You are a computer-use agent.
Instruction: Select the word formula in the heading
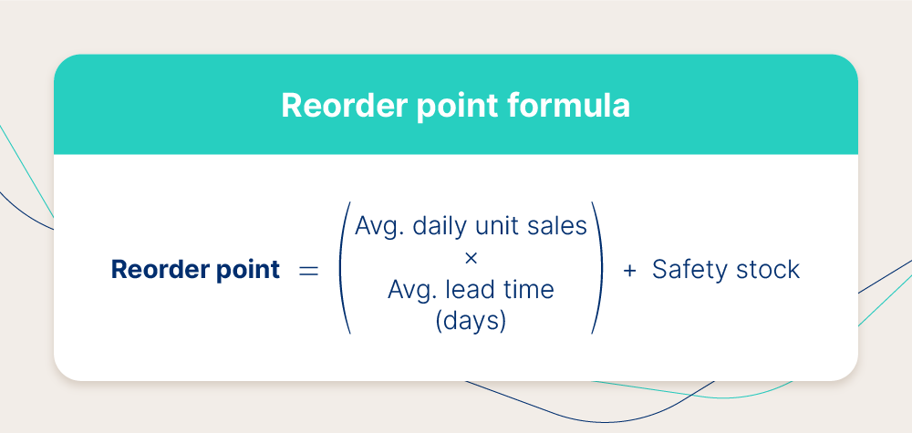pos(568,105)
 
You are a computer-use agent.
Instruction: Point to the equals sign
pos(308,270)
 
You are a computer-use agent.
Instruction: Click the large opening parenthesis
pos(345,268)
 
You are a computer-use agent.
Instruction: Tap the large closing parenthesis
pos(596,268)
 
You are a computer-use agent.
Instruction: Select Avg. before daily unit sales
pos(379,227)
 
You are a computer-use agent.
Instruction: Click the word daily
pos(441,227)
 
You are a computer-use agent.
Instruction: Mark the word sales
pos(558,225)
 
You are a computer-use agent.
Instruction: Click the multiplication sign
pos(472,257)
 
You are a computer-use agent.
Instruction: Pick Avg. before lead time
pos(412,290)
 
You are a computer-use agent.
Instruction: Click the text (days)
pos(471,321)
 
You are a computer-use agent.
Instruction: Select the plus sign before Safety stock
pos(629,270)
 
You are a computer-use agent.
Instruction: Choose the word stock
pos(760,270)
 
